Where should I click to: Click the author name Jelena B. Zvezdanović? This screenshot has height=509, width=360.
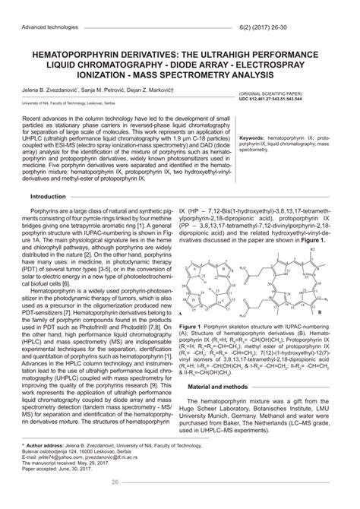click(51, 91)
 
